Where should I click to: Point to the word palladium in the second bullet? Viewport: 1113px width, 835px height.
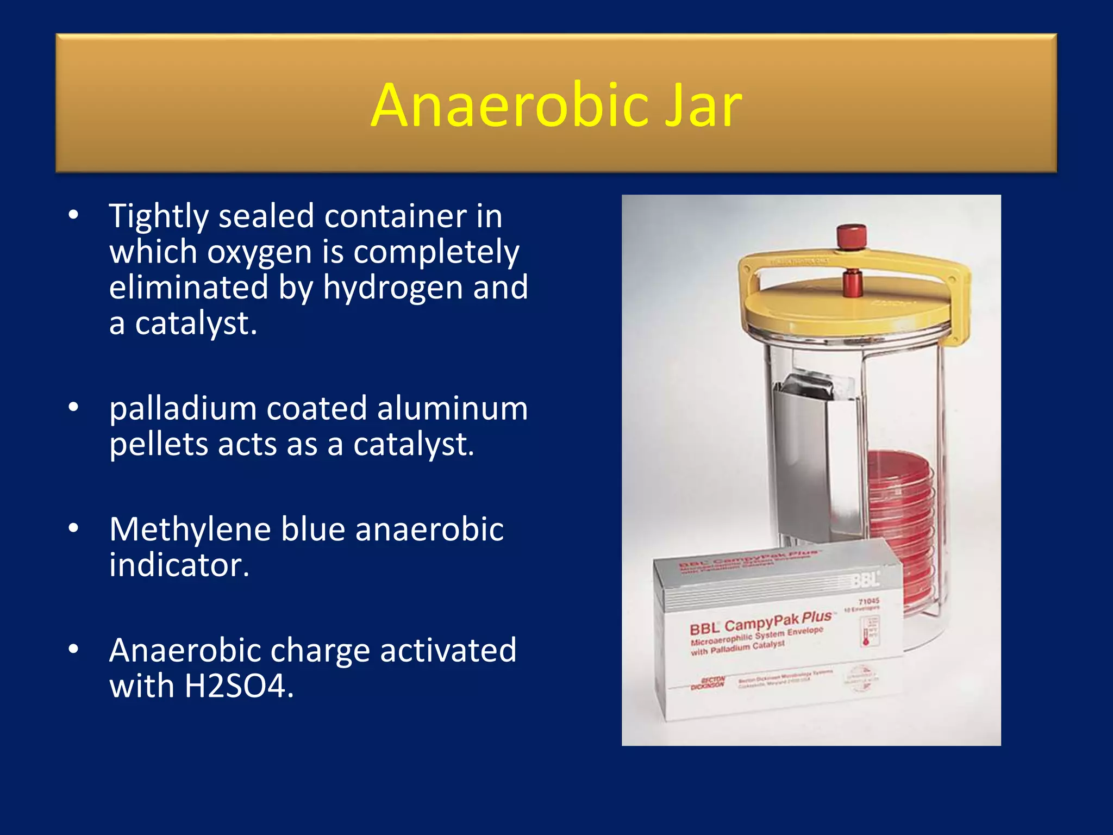pyautogui.click(x=183, y=409)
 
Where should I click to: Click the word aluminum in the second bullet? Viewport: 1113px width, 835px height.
pyautogui.click(x=452, y=409)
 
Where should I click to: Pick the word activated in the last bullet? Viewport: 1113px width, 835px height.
pyautogui.click(x=448, y=650)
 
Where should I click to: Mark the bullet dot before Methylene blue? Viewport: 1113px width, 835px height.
pyautogui.click(x=74, y=528)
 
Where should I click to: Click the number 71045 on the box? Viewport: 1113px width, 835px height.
pyautogui.click(x=868, y=601)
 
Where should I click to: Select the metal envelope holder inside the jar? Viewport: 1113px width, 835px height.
pyautogui.click(x=815, y=462)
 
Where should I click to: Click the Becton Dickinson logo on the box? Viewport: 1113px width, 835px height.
pyautogui.click(x=708, y=683)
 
